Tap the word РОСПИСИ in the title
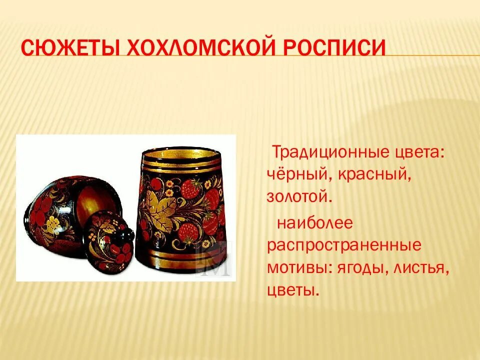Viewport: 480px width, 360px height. coord(335,48)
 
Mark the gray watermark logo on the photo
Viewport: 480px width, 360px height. coord(214,259)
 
